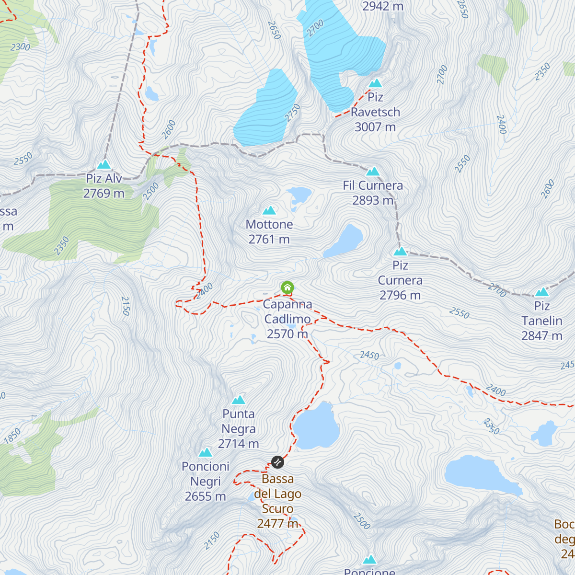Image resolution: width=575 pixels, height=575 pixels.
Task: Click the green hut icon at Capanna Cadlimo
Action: click(x=287, y=287)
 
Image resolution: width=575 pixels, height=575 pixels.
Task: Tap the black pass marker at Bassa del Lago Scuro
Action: click(x=277, y=462)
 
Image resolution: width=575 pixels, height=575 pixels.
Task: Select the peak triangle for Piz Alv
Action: click(x=104, y=165)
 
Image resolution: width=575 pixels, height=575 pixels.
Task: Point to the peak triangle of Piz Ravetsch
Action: click(x=375, y=83)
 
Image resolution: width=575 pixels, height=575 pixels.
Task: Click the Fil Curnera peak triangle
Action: click(x=373, y=172)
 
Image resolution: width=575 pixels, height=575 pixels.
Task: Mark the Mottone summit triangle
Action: click(x=269, y=210)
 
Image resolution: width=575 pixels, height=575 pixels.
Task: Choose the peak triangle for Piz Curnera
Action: click(x=400, y=252)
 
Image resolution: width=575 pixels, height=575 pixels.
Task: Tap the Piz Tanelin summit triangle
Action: click(x=542, y=292)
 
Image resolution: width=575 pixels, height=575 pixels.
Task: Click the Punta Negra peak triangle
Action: click(x=239, y=400)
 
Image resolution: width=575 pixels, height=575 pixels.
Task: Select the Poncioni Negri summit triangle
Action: click(x=206, y=453)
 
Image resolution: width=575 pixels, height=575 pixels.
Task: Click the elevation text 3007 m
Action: click(x=375, y=127)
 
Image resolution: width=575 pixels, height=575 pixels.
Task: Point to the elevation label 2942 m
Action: click(x=382, y=6)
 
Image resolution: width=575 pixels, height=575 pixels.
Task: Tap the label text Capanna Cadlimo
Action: click(x=287, y=311)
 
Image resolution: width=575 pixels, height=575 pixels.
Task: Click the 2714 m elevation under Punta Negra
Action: click(x=239, y=444)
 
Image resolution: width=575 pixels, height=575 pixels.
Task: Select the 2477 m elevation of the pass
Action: click(x=277, y=523)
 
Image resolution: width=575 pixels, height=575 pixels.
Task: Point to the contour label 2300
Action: click(x=20, y=47)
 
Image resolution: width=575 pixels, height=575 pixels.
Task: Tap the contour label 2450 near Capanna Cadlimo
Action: click(x=369, y=355)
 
